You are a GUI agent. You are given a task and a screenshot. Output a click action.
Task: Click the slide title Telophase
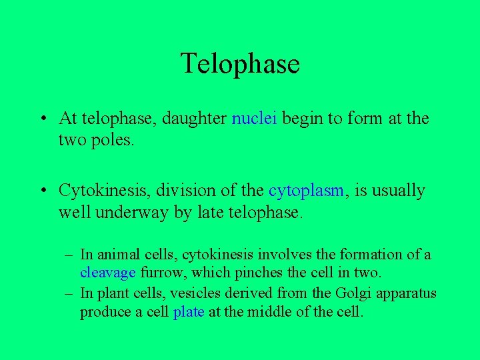tap(240, 64)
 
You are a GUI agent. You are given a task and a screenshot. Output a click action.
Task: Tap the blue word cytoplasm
tap(306, 191)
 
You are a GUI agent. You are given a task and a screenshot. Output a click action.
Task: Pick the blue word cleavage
tap(108, 272)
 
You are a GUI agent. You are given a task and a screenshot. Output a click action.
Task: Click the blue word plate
tap(188, 312)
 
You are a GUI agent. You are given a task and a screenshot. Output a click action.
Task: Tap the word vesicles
tap(193, 294)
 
